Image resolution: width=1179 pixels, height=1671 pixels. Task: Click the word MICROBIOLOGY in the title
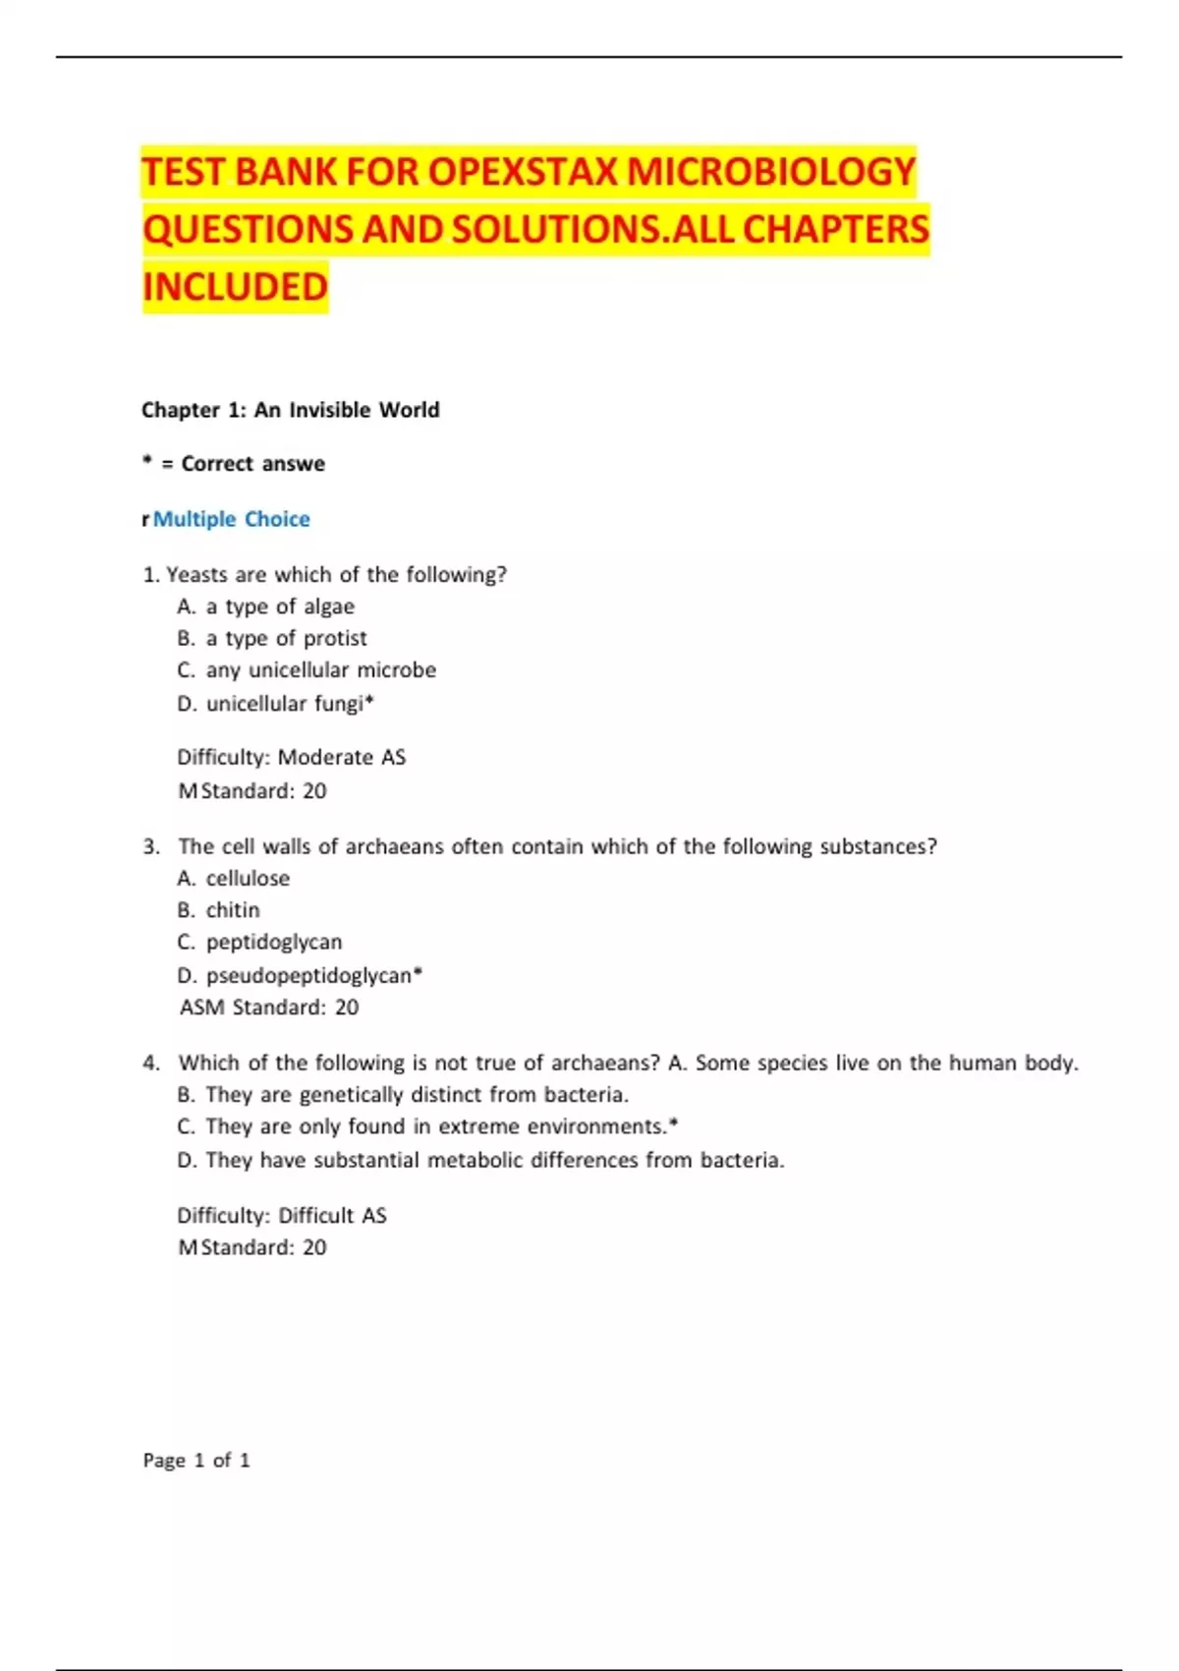[x=770, y=172]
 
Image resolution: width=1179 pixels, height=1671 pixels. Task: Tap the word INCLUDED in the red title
[x=235, y=287]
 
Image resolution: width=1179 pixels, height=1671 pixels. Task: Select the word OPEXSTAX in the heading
[x=523, y=172]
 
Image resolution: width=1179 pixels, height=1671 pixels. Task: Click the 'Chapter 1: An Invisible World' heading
[x=290, y=410]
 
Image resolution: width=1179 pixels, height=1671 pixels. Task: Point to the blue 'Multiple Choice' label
[x=231, y=519]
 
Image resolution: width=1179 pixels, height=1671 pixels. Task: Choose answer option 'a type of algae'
[x=279, y=606]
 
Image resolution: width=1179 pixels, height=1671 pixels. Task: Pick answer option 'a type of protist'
[x=286, y=638]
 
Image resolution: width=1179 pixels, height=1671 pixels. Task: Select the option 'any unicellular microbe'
[x=320, y=670]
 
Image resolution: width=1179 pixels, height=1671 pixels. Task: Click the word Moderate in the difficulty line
[x=325, y=757]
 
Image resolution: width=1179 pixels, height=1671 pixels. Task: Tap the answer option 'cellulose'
[x=248, y=878]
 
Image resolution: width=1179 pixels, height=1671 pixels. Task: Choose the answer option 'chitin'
[x=233, y=910]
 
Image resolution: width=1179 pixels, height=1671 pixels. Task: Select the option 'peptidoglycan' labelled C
[x=274, y=942]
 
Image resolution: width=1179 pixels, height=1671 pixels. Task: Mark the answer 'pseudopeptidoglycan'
[x=309, y=975]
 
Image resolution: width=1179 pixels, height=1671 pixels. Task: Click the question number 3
[x=150, y=846]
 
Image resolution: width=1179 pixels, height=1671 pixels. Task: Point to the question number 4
[x=150, y=1063]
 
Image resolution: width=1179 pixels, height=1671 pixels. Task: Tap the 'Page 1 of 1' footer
[x=196, y=1461]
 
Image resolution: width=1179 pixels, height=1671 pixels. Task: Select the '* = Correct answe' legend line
[x=234, y=464]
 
